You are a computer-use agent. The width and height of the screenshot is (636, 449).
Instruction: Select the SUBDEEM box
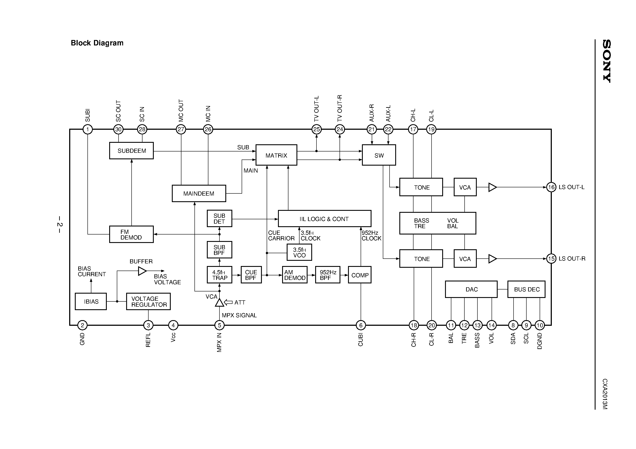(131, 151)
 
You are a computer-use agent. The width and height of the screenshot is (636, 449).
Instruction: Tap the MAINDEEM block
(199, 193)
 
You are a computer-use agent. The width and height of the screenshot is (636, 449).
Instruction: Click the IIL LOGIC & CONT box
(324, 219)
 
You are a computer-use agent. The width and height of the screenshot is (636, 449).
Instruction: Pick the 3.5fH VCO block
(299, 253)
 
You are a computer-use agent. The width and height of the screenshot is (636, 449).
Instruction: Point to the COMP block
(360, 275)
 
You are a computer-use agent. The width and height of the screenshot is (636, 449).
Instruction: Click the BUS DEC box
(526, 289)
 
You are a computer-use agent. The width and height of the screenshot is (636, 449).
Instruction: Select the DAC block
(471, 289)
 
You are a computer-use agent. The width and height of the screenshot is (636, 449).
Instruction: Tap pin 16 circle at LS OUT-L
(551, 187)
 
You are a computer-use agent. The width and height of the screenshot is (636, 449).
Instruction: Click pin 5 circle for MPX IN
(219, 325)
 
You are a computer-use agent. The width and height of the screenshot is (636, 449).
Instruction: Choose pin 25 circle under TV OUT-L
(316, 129)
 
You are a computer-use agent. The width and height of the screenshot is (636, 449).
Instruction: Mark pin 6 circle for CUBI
(361, 325)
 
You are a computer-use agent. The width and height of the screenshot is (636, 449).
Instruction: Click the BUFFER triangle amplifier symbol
(142, 271)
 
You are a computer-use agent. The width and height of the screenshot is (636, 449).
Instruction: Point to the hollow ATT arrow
(228, 302)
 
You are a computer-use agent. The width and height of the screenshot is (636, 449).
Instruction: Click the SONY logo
(607, 61)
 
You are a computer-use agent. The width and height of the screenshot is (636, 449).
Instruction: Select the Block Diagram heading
(97, 43)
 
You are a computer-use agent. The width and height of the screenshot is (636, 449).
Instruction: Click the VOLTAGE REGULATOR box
(149, 301)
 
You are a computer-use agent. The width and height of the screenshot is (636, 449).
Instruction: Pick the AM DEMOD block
(295, 275)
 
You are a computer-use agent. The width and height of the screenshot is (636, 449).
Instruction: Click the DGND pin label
(540, 341)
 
